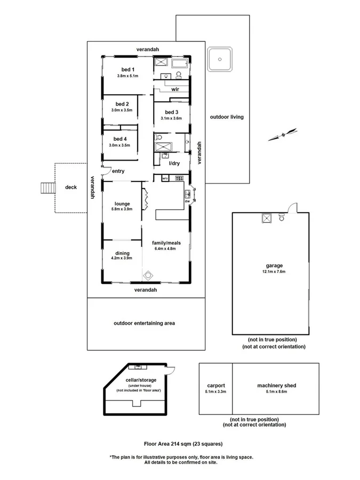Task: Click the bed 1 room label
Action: coord(128,69)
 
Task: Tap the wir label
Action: coord(175,89)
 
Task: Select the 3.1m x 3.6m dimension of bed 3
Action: coord(171,118)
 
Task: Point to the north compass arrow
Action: coord(283,135)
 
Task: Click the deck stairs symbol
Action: coord(48,188)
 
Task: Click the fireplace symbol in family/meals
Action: coord(148,276)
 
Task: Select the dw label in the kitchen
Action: coord(187,201)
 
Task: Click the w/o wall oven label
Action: coord(165,178)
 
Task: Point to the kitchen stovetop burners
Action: coord(179,178)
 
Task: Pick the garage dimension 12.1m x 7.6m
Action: coord(274,271)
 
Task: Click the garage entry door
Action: coord(293,207)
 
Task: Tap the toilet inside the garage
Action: coord(282,218)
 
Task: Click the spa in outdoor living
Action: coord(220,59)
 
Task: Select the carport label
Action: coord(216,386)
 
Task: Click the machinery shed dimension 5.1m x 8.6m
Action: coord(277,391)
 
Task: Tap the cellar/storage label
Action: coord(141,380)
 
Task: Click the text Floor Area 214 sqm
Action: coord(167,444)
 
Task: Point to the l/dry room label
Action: coord(174,163)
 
